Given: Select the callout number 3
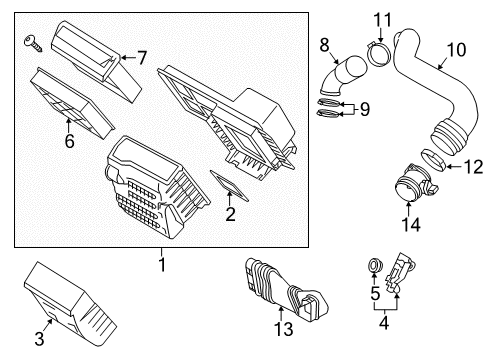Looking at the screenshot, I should [39, 339].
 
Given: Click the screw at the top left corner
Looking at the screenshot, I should [31, 41].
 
